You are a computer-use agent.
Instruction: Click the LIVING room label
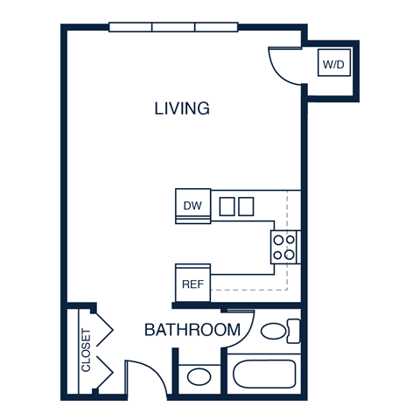(x=182, y=108)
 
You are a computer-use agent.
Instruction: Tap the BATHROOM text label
(x=192, y=330)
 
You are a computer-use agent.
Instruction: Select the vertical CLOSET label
(x=86, y=350)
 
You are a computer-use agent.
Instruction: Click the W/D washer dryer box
(x=333, y=64)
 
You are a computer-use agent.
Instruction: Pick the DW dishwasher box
(x=192, y=206)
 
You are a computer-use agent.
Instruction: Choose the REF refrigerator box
(x=192, y=283)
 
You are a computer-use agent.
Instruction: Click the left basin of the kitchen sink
(x=227, y=206)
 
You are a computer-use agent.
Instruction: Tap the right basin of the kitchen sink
(x=246, y=206)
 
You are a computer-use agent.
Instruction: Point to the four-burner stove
(x=284, y=247)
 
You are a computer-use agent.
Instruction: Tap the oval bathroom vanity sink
(x=199, y=378)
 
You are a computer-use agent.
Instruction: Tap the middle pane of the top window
(x=173, y=27)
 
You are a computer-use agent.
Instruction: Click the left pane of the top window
(x=130, y=27)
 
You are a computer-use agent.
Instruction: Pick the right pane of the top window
(x=216, y=27)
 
